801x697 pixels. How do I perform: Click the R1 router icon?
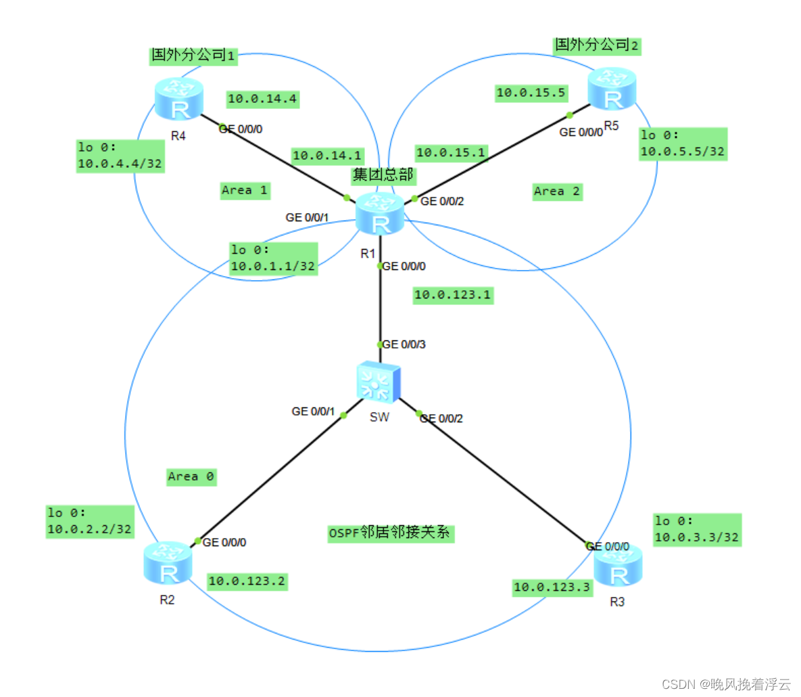(x=381, y=214)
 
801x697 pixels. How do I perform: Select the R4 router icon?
(x=178, y=99)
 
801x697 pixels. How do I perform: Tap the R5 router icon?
(x=612, y=89)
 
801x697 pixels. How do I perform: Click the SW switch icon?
(x=379, y=382)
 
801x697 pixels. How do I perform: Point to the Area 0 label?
(x=191, y=477)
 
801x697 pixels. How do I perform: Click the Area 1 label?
(x=245, y=191)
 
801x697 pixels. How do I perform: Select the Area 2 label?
(x=557, y=192)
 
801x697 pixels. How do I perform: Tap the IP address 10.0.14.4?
(x=262, y=99)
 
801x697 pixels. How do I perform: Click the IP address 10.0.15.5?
(x=531, y=93)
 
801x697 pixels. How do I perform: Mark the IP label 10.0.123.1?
(x=452, y=295)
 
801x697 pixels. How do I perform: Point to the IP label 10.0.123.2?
(x=247, y=581)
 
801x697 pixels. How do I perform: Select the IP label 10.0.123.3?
(x=552, y=587)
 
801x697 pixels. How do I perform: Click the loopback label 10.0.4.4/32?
(x=120, y=164)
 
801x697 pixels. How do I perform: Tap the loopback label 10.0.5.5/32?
(x=683, y=152)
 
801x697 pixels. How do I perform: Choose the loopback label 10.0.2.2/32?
(x=89, y=529)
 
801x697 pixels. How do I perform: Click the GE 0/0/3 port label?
(x=404, y=344)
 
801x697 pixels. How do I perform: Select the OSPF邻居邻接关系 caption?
(x=389, y=533)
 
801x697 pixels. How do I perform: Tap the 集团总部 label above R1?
(x=383, y=175)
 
